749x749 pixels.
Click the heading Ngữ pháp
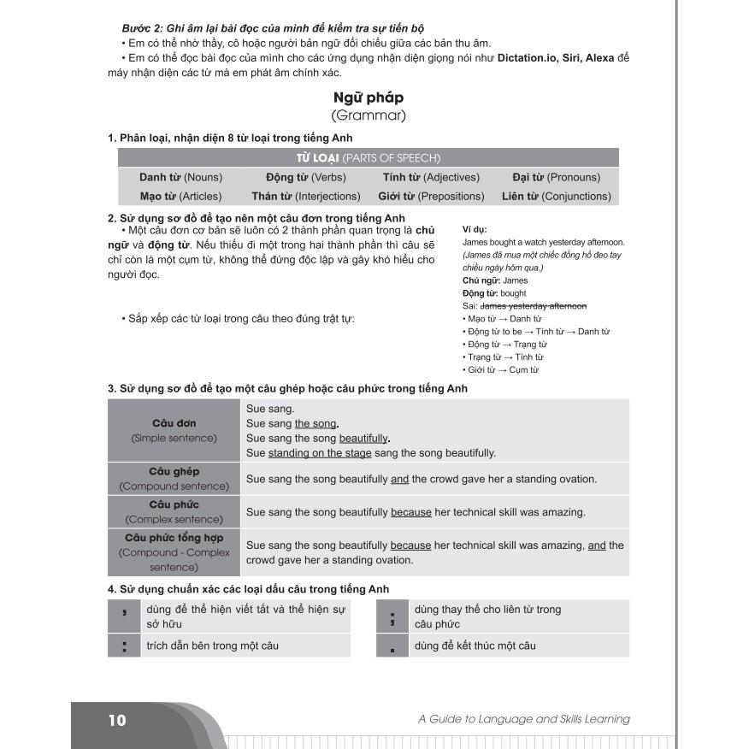(x=368, y=97)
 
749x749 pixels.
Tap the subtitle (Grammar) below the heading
(x=368, y=115)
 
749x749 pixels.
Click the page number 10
(x=117, y=720)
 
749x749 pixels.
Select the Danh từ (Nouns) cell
(x=180, y=177)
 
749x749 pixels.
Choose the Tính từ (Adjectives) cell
(x=431, y=177)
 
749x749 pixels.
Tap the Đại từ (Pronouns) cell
(x=556, y=177)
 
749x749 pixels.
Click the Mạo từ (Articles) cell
(x=180, y=196)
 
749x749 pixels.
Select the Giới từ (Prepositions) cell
(x=431, y=196)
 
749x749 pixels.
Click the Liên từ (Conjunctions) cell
(x=556, y=196)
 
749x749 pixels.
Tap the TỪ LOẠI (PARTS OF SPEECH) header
(x=368, y=157)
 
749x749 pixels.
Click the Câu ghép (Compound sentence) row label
(x=174, y=479)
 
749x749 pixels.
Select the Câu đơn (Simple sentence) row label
(x=174, y=430)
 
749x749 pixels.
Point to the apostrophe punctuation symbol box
(x=125, y=616)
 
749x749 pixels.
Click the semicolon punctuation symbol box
(x=392, y=616)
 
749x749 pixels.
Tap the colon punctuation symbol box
(x=125, y=646)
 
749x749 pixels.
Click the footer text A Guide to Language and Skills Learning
(x=523, y=719)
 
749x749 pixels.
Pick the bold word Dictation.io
(x=530, y=58)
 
